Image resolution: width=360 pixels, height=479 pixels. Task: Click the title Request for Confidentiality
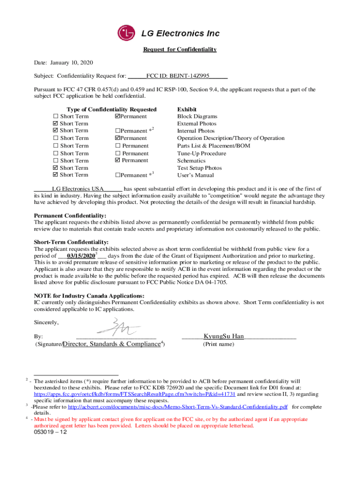tap(180, 50)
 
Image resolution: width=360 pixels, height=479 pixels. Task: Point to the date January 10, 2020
tap(72, 62)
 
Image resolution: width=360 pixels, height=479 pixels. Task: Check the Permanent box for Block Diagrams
tap(117, 116)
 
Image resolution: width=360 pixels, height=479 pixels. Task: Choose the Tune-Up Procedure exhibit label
tap(202, 153)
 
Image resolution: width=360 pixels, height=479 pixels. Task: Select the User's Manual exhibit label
tap(195, 175)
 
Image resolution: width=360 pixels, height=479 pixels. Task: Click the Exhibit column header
tap(187, 109)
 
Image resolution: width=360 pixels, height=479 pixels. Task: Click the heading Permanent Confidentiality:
tap(70, 216)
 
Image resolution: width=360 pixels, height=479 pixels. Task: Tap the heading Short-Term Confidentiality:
tap(71, 242)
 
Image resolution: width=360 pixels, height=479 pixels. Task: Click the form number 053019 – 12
tap(50, 432)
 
